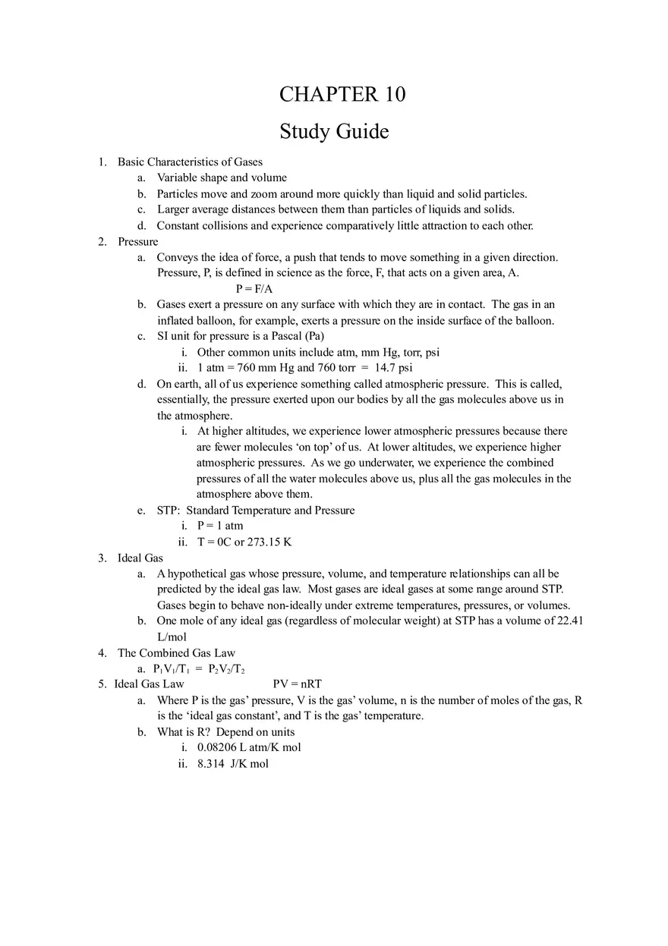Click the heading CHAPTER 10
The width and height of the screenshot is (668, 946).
(342, 94)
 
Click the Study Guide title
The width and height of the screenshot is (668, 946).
(334, 131)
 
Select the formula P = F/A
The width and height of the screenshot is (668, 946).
(254, 289)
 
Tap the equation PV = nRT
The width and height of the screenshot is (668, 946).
(298, 684)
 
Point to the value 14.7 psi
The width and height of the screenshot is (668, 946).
(394, 368)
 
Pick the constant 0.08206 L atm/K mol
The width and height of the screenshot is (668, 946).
(249, 747)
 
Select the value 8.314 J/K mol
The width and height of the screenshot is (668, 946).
(233, 764)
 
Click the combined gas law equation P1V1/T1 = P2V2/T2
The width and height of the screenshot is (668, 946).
(199, 669)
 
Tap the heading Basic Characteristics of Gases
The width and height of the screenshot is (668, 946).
(190, 162)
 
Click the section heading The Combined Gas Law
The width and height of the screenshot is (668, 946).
(176, 653)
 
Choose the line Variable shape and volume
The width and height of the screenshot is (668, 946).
(222, 178)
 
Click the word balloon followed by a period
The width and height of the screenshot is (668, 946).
(535, 321)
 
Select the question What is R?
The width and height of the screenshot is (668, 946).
(183, 732)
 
